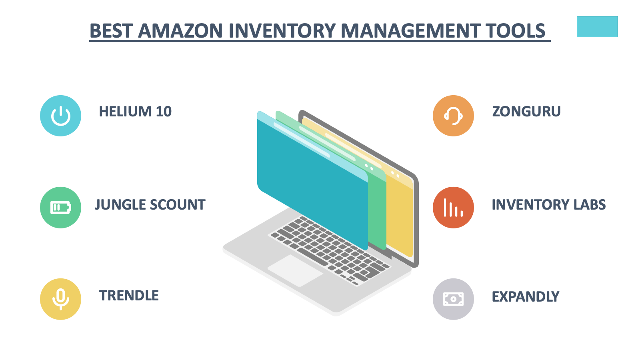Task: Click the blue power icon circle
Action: [60, 116]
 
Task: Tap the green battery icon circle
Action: [60, 208]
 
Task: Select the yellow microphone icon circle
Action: [60, 299]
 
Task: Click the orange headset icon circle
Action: [454, 116]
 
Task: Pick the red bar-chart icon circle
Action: [454, 208]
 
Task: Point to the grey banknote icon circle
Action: [454, 299]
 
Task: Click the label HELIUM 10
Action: [135, 112]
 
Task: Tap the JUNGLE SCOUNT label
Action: [150, 204]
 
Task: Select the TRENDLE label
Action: [129, 296]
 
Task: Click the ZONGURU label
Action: [526, 112]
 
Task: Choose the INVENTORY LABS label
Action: [548, 204]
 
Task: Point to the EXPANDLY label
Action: [526, 296]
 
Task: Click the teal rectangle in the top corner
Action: [597, 26]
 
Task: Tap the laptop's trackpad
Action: [295, 270]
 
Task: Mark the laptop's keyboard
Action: [330, 250]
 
